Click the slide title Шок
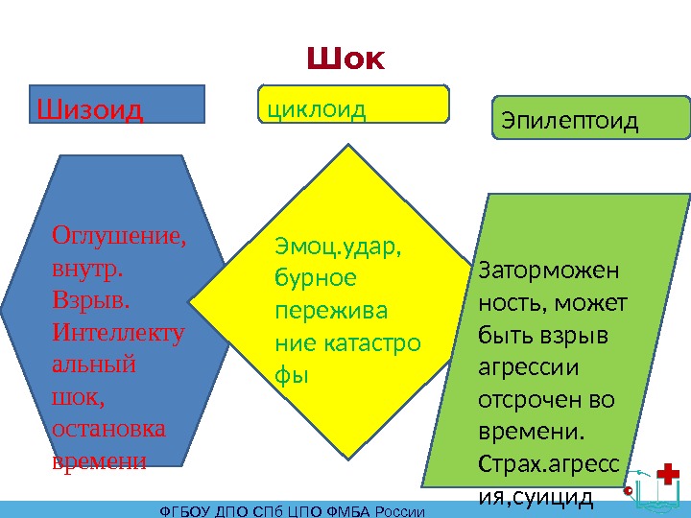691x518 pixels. click(345, 60)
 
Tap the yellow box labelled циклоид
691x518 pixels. click(354, 104)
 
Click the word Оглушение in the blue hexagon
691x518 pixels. click(119, 235)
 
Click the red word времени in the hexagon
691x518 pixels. click(99, 461)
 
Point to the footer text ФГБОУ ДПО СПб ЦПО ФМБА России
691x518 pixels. click(292, 510)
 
